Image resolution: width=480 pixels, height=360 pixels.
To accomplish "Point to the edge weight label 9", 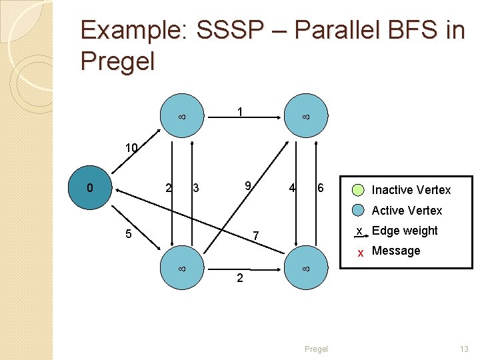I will coord(247,185).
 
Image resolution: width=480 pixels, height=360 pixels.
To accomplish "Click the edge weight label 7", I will coord(255,236).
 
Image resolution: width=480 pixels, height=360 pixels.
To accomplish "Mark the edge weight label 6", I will coord(320,189).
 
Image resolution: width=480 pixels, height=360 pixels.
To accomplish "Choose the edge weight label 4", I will coord(292,189).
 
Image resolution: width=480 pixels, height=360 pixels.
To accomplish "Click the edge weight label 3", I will coord(195,189).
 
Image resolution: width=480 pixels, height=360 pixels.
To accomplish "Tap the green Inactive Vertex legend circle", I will coord(359,189).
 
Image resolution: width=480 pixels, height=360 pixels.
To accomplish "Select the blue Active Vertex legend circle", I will coord(359,210).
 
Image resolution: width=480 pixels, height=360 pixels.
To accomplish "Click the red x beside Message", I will coord(360,253).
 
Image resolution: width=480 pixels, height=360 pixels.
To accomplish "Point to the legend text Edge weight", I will coord(405,231).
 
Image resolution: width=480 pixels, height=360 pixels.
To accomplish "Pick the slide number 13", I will coord(464,349).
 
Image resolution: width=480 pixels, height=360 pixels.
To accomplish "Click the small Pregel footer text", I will coord(316,349).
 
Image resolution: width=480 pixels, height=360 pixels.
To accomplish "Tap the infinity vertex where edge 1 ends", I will coord(306,117).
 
